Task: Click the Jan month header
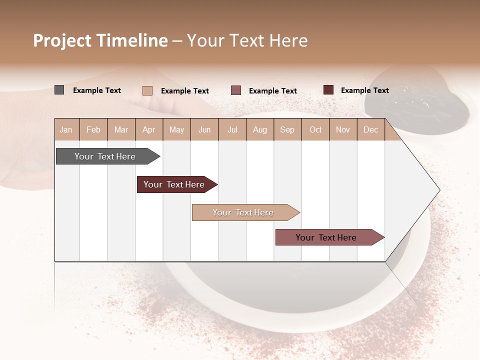click(66, 129)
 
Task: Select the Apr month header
click(148, 129)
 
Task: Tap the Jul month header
click(232, 129)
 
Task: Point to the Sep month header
click(287, 129)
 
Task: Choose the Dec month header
click(370, 129)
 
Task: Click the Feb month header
click(93, 129)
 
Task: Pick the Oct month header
click(315, 129)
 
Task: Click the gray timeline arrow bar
click(105, 156)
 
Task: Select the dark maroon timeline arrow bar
click(174, 184)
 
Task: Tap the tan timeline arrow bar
click(243, 212)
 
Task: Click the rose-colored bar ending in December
click(326, 237)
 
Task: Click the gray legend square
click(59, 90)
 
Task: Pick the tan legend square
click(147, 90)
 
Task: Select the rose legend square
click(236, 90)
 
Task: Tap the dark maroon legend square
click(328, 90)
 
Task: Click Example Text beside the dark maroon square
click(364, 90)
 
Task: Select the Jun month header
click(204, 129)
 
